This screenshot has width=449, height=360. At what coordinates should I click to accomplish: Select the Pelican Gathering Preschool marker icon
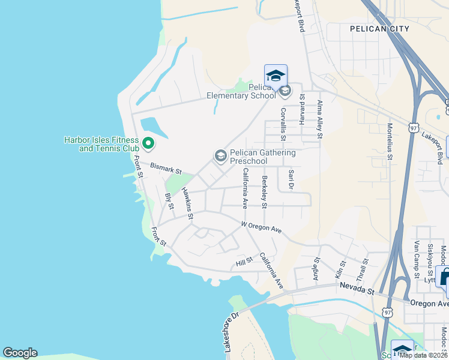tap(220, 156)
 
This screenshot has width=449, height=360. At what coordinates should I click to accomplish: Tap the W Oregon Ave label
tap(261, 227)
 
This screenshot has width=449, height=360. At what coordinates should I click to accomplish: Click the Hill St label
tap(244, 262)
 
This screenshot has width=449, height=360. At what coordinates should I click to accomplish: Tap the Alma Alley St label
tap(320, 120)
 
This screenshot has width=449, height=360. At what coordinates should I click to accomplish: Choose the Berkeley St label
tap(264, 191)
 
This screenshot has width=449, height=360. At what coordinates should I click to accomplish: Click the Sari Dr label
tap(291, 181)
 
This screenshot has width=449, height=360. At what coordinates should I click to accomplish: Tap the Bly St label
tap(169, 201)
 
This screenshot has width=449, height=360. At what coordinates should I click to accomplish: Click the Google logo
tap(20, 353)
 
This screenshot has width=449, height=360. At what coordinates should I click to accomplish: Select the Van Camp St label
tap(416, 255)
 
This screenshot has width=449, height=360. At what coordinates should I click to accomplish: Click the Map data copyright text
tap(423, 355)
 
